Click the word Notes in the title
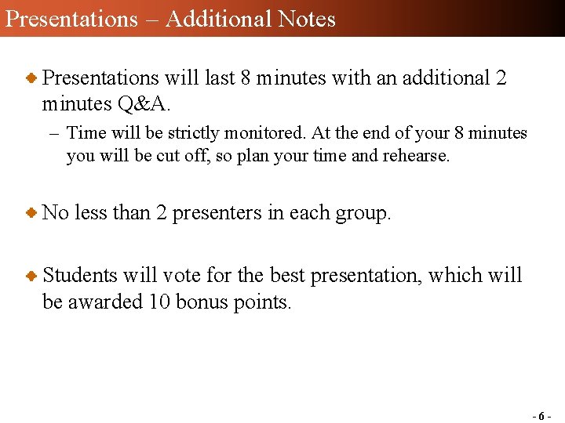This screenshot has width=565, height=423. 306,18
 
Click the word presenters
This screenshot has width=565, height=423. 217,212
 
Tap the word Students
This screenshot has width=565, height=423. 79,275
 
